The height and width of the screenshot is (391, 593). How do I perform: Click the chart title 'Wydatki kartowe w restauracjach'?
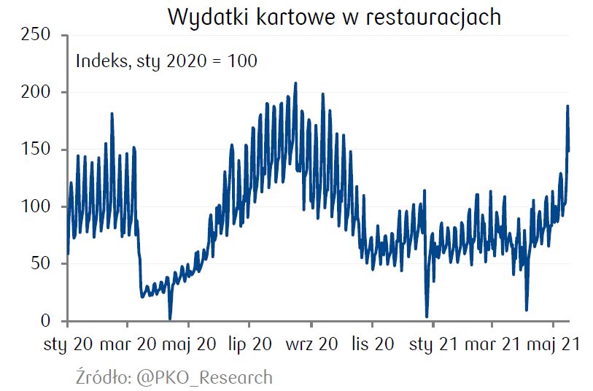(334, 17)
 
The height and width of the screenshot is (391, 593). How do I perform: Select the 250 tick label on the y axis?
(36, 34)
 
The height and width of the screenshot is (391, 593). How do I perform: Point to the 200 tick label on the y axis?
(36, 92)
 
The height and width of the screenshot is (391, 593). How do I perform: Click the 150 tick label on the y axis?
(36, 149)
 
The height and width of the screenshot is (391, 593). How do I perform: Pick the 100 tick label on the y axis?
(36, 206)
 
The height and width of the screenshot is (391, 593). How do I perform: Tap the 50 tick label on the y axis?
(41, 263)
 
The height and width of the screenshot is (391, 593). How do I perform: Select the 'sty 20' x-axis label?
(69, 344)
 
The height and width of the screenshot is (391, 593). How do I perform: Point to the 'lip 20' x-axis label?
(249, 344)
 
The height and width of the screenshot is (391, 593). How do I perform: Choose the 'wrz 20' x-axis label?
(312, 344)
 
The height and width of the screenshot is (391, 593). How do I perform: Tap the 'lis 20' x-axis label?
(373, 344)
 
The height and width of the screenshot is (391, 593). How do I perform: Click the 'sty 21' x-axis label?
(433, 344)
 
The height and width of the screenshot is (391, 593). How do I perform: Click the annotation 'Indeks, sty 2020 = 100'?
(166, 61)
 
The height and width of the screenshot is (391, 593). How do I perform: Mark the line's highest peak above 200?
(295, 83)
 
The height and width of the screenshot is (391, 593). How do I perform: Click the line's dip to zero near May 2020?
(170, 318)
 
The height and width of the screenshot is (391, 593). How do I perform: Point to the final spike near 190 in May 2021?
(567, 107)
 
